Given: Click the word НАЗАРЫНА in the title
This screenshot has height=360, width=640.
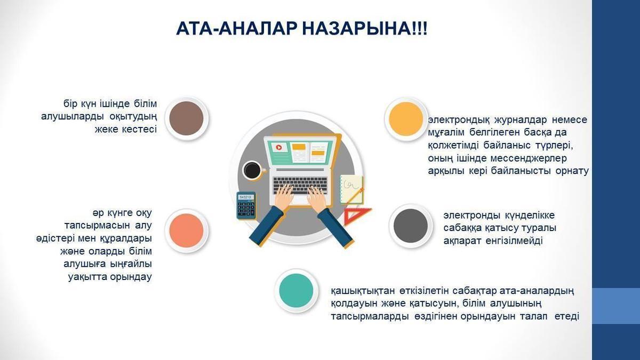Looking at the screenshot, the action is click(x=364, y=29).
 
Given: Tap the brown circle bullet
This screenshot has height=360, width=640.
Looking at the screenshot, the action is click(x=186, y=118).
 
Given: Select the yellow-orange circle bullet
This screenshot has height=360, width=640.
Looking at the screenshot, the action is click(x=406, y=119).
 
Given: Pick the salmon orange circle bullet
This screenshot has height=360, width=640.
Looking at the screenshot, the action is click(x=186, y=230).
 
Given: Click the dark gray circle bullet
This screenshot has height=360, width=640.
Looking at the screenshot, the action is click(x=411, y=226).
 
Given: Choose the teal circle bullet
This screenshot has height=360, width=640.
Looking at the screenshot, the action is click(x=296, y=291).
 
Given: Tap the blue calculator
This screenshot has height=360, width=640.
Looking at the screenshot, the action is click(x=246, y=205).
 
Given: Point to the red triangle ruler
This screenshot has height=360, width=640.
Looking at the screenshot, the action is click(x=356, y=216).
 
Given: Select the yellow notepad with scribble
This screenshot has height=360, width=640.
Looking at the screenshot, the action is click(x=351, y=190).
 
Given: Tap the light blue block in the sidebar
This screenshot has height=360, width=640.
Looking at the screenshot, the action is click(x=616, y=306).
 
